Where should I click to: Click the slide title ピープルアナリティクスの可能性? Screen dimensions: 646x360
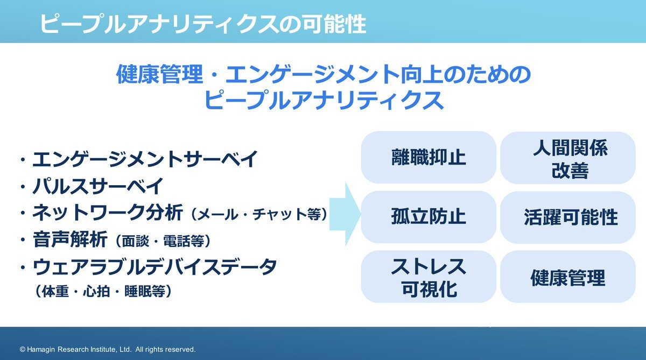[203, 23]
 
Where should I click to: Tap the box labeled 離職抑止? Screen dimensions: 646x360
[429, 157]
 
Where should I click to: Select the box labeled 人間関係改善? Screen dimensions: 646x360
[567, 158]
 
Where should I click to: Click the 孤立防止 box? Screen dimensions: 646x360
[429, 217]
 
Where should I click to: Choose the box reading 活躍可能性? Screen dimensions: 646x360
[567, 217]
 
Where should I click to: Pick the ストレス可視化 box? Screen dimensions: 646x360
[429, 277]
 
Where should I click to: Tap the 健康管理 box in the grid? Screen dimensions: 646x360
[567, 277]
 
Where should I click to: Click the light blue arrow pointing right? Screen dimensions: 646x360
[345, 214]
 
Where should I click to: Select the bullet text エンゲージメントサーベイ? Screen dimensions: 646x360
[145, 159]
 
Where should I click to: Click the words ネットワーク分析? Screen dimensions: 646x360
[107, 213]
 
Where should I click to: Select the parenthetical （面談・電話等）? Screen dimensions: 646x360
[163, 241]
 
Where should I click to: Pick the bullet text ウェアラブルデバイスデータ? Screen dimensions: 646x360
[155, 267]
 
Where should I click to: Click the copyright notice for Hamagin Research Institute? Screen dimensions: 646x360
[108, 349]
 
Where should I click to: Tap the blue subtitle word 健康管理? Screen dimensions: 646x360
[159, 74]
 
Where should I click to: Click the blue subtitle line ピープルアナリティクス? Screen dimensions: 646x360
[324, 100]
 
